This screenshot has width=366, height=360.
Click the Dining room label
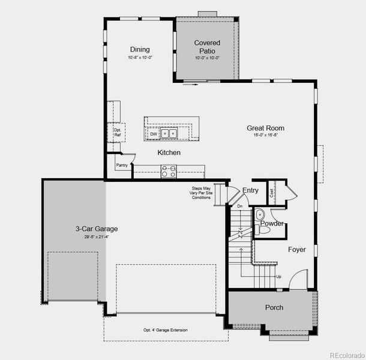[x=140, y=50]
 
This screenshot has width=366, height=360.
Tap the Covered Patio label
[x=207, y=47]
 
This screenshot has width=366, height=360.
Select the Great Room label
[x=265, y=128]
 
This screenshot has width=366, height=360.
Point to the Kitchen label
[x=169, y=153]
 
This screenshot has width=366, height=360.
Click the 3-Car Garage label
[x=96, y=229]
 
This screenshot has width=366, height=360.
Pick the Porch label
[x=274, y=308]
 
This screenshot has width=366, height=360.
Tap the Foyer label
[x=296, y=250]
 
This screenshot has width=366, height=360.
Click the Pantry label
[x=122, y=166]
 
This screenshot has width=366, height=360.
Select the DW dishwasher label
[x=154, y=134]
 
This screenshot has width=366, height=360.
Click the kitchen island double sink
[x=169, y=134]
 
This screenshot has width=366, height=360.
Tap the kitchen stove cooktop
[x=169, y=170]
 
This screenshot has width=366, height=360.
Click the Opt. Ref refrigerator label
[x=118, y=132]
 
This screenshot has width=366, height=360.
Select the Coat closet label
[x=272, y=193]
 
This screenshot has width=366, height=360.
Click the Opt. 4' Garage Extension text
[x=165, y=330]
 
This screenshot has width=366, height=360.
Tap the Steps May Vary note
[x=201, y=193]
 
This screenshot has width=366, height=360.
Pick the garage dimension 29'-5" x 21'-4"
[x=96, y=236]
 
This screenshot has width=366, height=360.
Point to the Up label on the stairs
[x=278, y=277]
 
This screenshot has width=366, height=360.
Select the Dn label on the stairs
[x=239, y=206]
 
